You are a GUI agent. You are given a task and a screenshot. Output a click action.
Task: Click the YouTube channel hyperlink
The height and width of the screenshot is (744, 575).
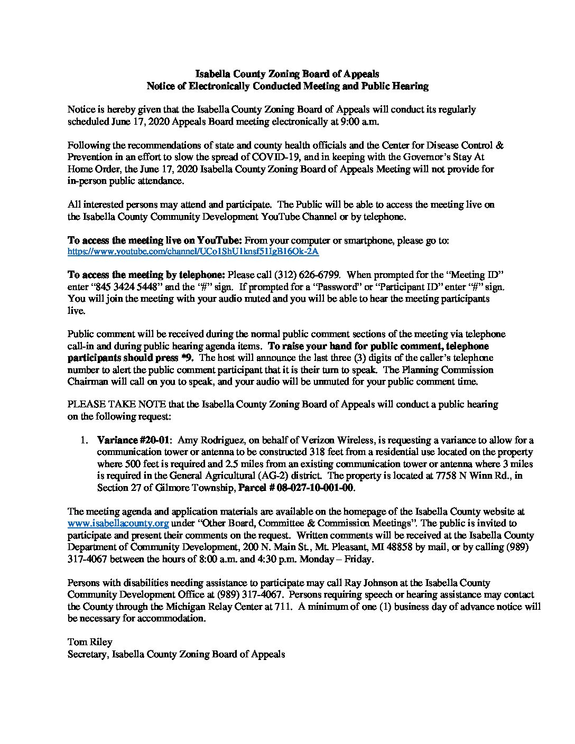[193, 252]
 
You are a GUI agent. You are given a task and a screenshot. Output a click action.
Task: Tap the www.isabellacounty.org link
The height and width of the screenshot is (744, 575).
[118, 524]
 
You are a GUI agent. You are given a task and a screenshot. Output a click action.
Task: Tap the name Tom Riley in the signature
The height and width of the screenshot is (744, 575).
[90, 642]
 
